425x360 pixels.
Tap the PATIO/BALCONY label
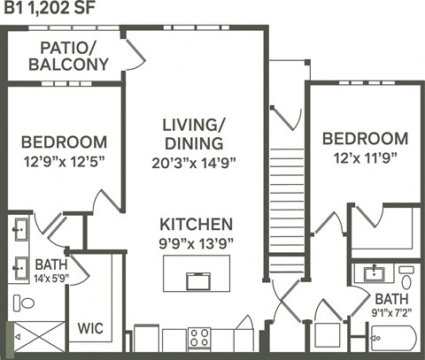pyautogui.click(x=68, y=56)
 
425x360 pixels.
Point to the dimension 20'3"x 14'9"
pyautogui.click(x=194, y=162)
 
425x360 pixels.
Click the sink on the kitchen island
pyautogui.click(x=197, y=280)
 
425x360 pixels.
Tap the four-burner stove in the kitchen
pyautogui.click(x=198, y=338)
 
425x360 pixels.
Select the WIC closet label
pyautogui.click(x=90, y=328)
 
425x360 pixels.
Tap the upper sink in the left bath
pyautogui.click(x=19, y=229)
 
